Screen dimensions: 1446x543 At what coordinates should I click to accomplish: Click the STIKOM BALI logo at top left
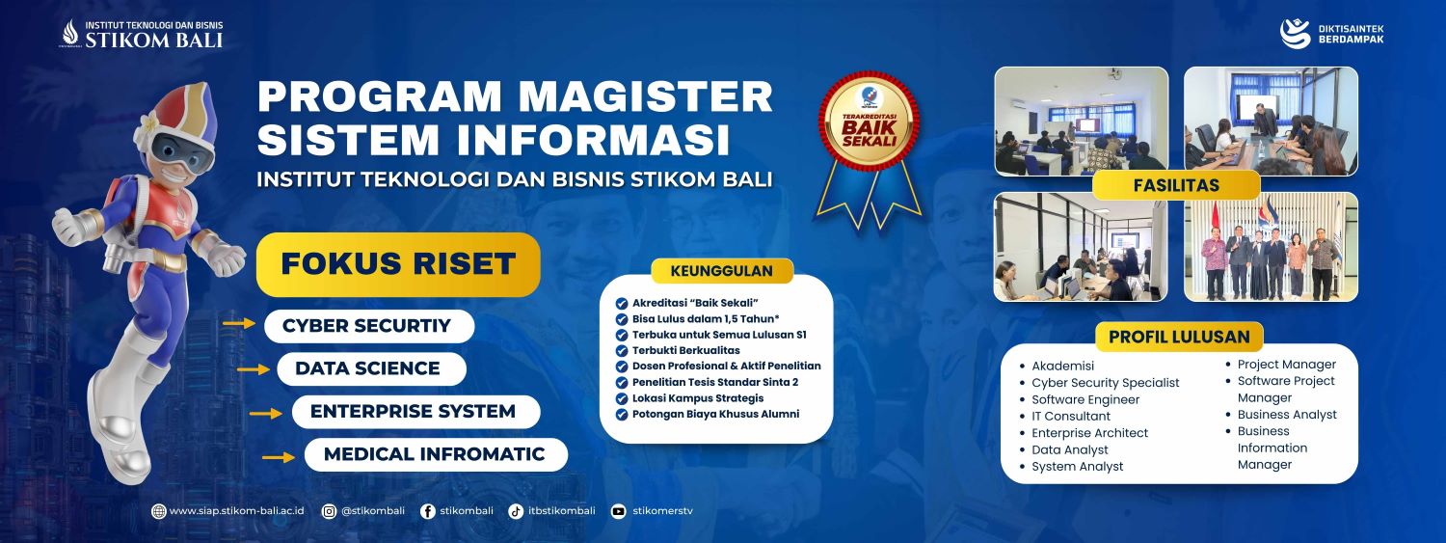[142, 34]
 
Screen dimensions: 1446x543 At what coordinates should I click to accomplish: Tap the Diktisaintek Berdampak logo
[1331, 34]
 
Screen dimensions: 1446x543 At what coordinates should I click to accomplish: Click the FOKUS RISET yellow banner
[397, 264]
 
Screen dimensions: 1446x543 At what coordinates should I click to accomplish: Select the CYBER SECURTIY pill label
[368, 326]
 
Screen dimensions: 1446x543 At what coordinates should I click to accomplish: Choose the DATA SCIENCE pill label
[371, 368]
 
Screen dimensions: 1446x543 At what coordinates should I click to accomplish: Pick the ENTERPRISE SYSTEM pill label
[415, 412]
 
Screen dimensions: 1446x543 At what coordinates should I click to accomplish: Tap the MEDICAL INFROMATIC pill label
[436, 454]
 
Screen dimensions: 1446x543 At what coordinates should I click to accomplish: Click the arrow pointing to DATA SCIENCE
[254, 369]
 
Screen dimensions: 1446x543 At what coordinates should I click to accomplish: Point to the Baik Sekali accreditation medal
[869, 149]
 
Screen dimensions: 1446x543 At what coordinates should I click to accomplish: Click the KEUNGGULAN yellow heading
[722, 270]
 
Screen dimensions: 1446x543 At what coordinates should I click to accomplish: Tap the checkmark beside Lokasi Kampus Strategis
[622, 399]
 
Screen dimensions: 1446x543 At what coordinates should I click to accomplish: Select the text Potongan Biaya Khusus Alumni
[715, 414]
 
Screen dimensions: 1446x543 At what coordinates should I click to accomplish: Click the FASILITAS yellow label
[1176, 185]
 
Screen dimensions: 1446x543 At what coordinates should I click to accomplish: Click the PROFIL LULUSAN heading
[1179, 337]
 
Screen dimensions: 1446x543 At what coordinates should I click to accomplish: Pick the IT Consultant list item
[1070, 417]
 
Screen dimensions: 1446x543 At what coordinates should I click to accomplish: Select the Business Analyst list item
[1287, 415]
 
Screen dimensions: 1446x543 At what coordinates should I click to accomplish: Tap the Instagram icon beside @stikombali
[330, 511]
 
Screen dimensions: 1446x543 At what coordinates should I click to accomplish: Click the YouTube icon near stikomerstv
[619, 511]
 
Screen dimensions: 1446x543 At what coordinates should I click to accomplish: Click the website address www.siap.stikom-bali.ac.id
[236, 511]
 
